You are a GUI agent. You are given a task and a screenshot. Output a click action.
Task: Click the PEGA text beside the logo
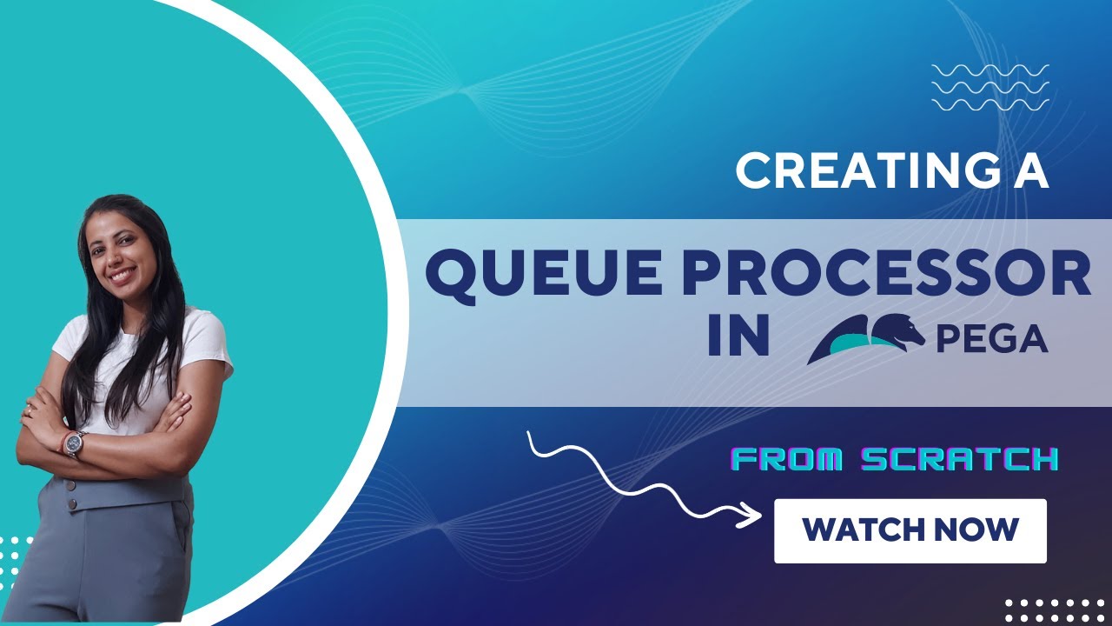coord(991,339)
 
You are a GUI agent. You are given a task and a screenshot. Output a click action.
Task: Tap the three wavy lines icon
coord(990,87)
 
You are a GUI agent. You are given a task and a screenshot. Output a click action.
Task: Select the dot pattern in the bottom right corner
coord(1056,609)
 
